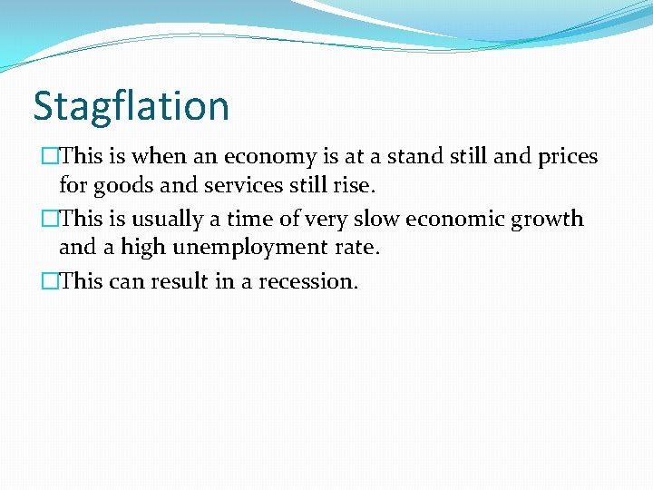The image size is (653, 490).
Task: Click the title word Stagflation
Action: point(131,106)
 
